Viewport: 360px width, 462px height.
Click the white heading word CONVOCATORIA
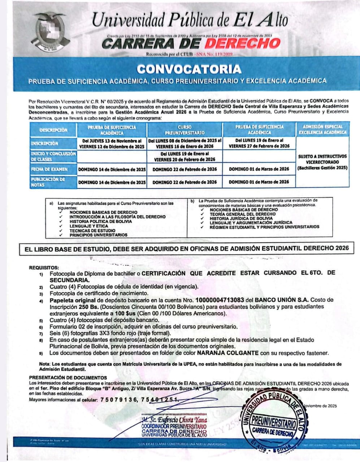[189, 69]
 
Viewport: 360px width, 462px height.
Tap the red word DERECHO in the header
[242, 44]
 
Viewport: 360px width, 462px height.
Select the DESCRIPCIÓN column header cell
[53, 130]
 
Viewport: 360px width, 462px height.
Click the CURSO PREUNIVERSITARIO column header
[185, 130]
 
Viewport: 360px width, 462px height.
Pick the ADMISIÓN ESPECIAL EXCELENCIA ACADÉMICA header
[322, 130]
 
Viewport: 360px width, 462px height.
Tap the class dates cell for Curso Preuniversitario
[185, 156]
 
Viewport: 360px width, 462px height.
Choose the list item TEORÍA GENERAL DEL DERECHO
[237, 214]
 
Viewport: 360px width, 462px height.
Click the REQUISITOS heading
[44, 268]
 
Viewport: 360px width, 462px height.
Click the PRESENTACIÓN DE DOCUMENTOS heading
[68, 378]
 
